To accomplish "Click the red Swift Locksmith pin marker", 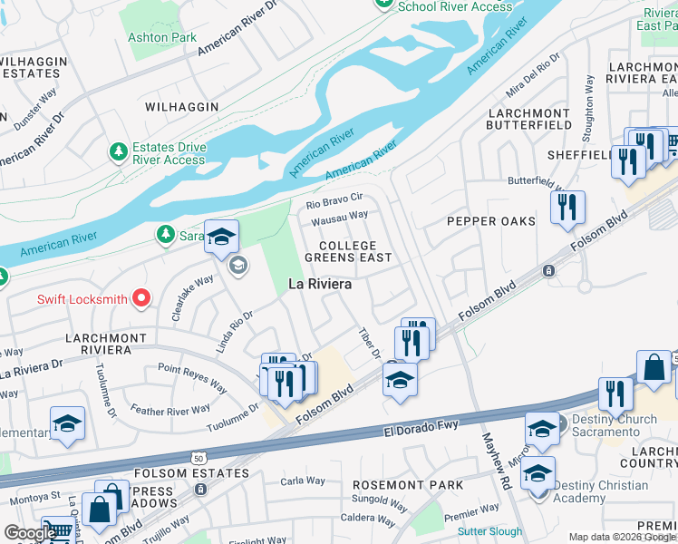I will (x=140, y=297).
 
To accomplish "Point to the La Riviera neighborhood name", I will (x=319, y=284).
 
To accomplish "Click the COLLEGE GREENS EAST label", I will (x=348, y=252).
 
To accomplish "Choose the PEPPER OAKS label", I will (x=490, y=221).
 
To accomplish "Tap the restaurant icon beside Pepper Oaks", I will (x=567, y=208).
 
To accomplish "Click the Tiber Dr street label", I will (x=369, y=343).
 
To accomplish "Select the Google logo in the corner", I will (x=29, y=533).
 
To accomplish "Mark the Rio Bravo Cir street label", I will (x=334, y=197).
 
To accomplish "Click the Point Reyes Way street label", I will (x=192, y=377).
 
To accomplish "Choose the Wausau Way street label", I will (x=339, y=217).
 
